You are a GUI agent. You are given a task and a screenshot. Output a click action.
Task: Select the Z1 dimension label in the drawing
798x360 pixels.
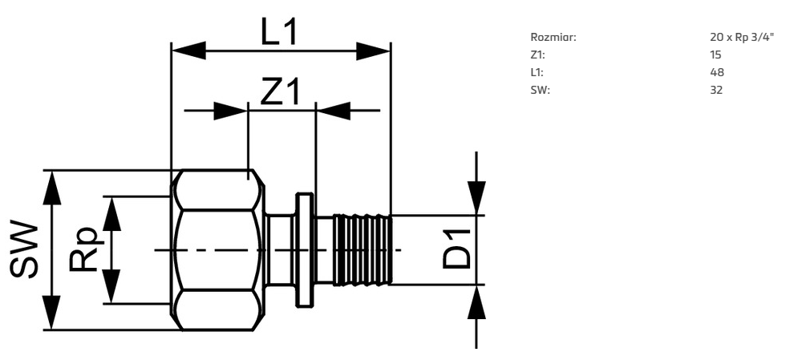pyautogui.click(x=281, y=92)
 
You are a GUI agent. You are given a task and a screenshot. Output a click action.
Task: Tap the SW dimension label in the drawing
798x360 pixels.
pyautogui.click(x=24, y=249)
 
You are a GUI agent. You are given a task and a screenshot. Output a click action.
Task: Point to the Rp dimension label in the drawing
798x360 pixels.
pyautogui.click(x=83, y=249)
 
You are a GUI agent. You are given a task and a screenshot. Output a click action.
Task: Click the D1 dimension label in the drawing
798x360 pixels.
pyautogui.click(x=456, y=249)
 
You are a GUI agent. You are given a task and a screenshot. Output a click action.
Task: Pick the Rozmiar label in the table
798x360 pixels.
pyautogui.click(x=553, y=37)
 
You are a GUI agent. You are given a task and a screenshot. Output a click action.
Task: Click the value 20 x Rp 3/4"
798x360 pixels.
pyautogui.click(x=742, y=37)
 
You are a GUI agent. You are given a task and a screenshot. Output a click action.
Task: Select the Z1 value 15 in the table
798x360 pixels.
pyautogui.click(x=715, y=55)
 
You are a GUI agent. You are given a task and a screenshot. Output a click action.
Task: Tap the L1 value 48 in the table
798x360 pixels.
pyautogui.click(x=716, y=73)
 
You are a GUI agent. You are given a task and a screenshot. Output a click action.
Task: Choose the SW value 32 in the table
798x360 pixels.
pyautogui.click(x=716, y=91)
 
